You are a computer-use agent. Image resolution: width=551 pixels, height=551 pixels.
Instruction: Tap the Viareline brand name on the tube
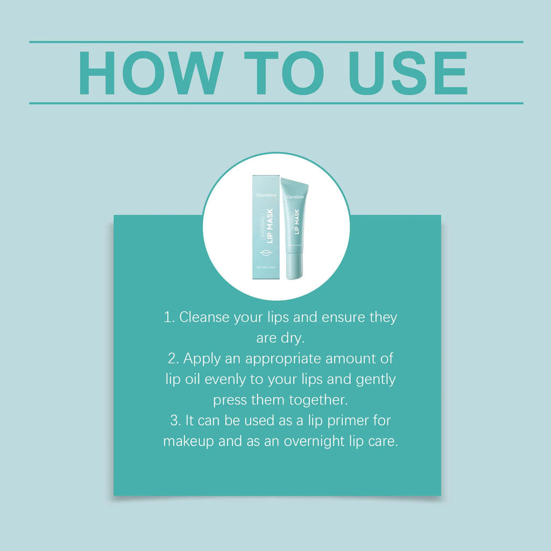pyautogui.click(x=295, y=197)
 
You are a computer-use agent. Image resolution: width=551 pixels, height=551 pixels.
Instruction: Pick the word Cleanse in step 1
pyautogui.click(x=204, y=317)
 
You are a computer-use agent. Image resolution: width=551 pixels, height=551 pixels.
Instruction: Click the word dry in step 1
pyautogui.click(x=293, y=338)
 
